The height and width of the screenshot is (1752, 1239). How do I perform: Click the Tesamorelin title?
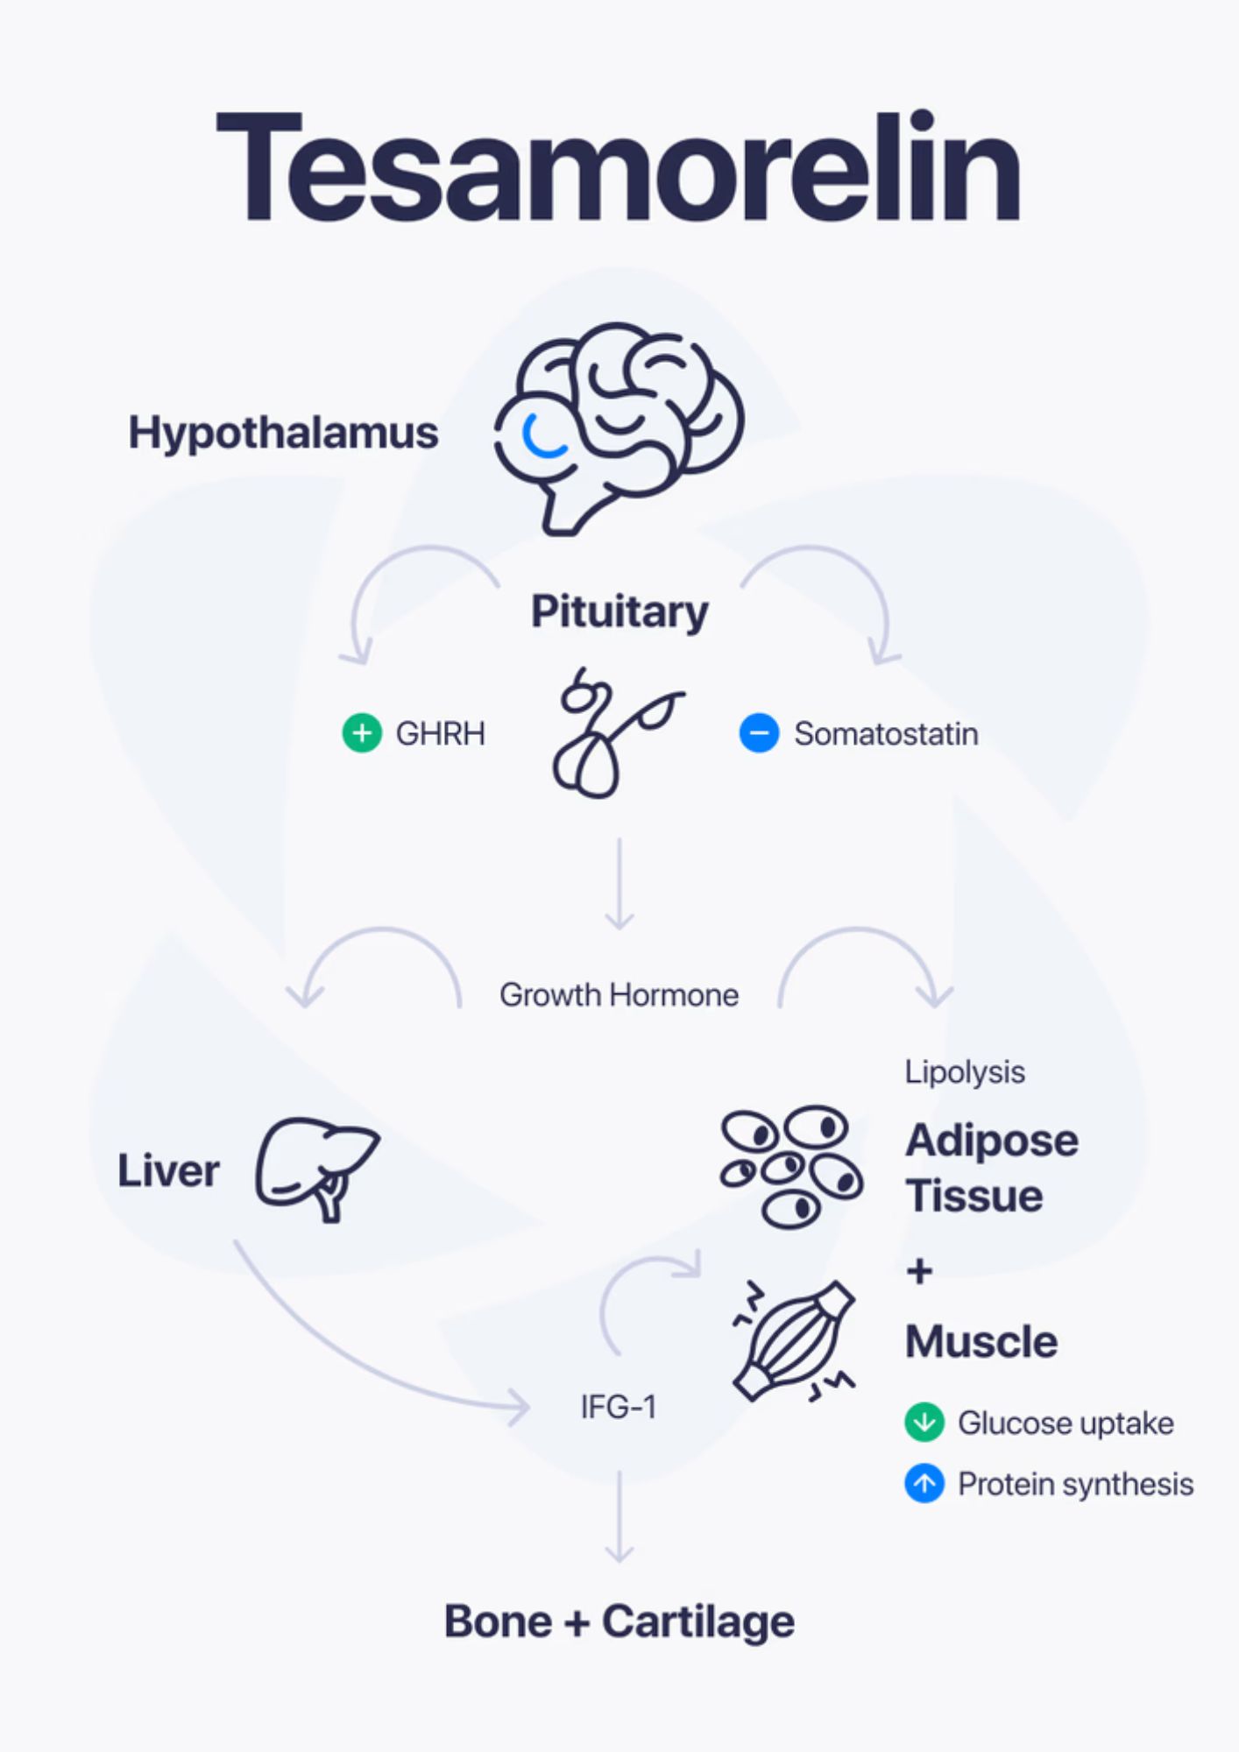pos(619,166)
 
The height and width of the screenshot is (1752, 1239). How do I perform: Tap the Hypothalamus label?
pos(283,434)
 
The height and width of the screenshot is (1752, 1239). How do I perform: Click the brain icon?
pos(619,428)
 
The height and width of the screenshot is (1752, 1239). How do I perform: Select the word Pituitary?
pos(619,612)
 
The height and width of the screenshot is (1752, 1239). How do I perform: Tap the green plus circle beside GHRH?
pos(362,732)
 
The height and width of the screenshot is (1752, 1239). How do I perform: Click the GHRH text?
pos(440,733)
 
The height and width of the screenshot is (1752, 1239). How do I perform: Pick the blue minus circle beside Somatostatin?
pos(759,732)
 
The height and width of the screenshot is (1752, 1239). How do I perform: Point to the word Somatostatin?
pos(886,734)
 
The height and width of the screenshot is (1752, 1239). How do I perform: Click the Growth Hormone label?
pos(619,995)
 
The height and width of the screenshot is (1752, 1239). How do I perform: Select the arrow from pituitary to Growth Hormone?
pos(619,884)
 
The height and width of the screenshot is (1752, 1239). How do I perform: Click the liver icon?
pos(317,1169)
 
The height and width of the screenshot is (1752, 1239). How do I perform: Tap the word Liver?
pos(168,1171)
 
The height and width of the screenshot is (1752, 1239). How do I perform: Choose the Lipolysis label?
pos(965,1072)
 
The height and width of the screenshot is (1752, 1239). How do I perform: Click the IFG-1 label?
pos(619,1407)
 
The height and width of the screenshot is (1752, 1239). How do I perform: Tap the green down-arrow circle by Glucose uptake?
pos(924,1422)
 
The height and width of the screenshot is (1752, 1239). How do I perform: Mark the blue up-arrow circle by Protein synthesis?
pos(924,1483)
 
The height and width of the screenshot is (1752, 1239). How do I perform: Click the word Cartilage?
pos(698,1622)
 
